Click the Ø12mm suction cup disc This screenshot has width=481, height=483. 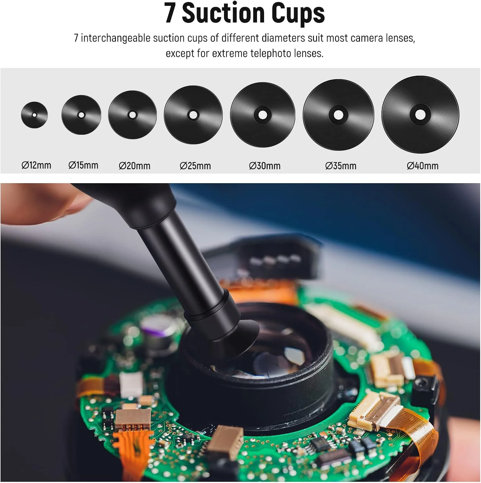coord(34,115)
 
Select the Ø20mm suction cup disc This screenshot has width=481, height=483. coord(132,115)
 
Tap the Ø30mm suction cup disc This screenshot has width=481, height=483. coord(263,115)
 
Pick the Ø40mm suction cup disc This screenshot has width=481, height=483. coord(420,115)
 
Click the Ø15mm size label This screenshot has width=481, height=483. coord(83,166)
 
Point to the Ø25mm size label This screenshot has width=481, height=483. coord(195,166)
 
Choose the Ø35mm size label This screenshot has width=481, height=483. coord(341,166)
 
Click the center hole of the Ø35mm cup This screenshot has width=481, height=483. coord(338,115)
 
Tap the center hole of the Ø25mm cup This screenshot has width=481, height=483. coord(193,115)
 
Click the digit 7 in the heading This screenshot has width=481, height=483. coord(170,13)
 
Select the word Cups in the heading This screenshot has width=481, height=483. coord(298,14)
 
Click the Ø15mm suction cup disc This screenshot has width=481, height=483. coord(81,115)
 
